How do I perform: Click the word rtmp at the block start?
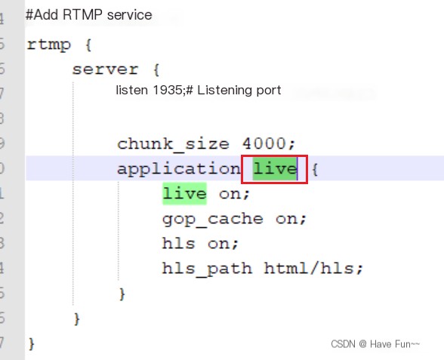[x=48, y=45]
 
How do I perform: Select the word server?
[x=106, y=69]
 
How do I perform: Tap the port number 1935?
[x=167, y=91]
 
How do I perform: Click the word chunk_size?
[x=174, y=144]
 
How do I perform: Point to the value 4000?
[x=264, y=143]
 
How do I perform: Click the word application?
[x=179, y=170]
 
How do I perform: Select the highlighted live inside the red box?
[x=275, y=169]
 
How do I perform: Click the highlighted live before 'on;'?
[x=184, y=193]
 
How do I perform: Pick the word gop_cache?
[x=213, y=220]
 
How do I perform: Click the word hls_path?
[x=207, y=269]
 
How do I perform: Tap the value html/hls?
[x=313, y=268]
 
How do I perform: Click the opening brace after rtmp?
[x=88, y=45]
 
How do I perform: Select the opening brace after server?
[x=156, y=70]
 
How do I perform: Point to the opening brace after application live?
[x=315, y=170]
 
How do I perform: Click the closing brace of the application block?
[x=122, y=294]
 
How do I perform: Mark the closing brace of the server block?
[x=77, y=319]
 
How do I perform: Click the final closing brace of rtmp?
[x=32, y=344]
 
